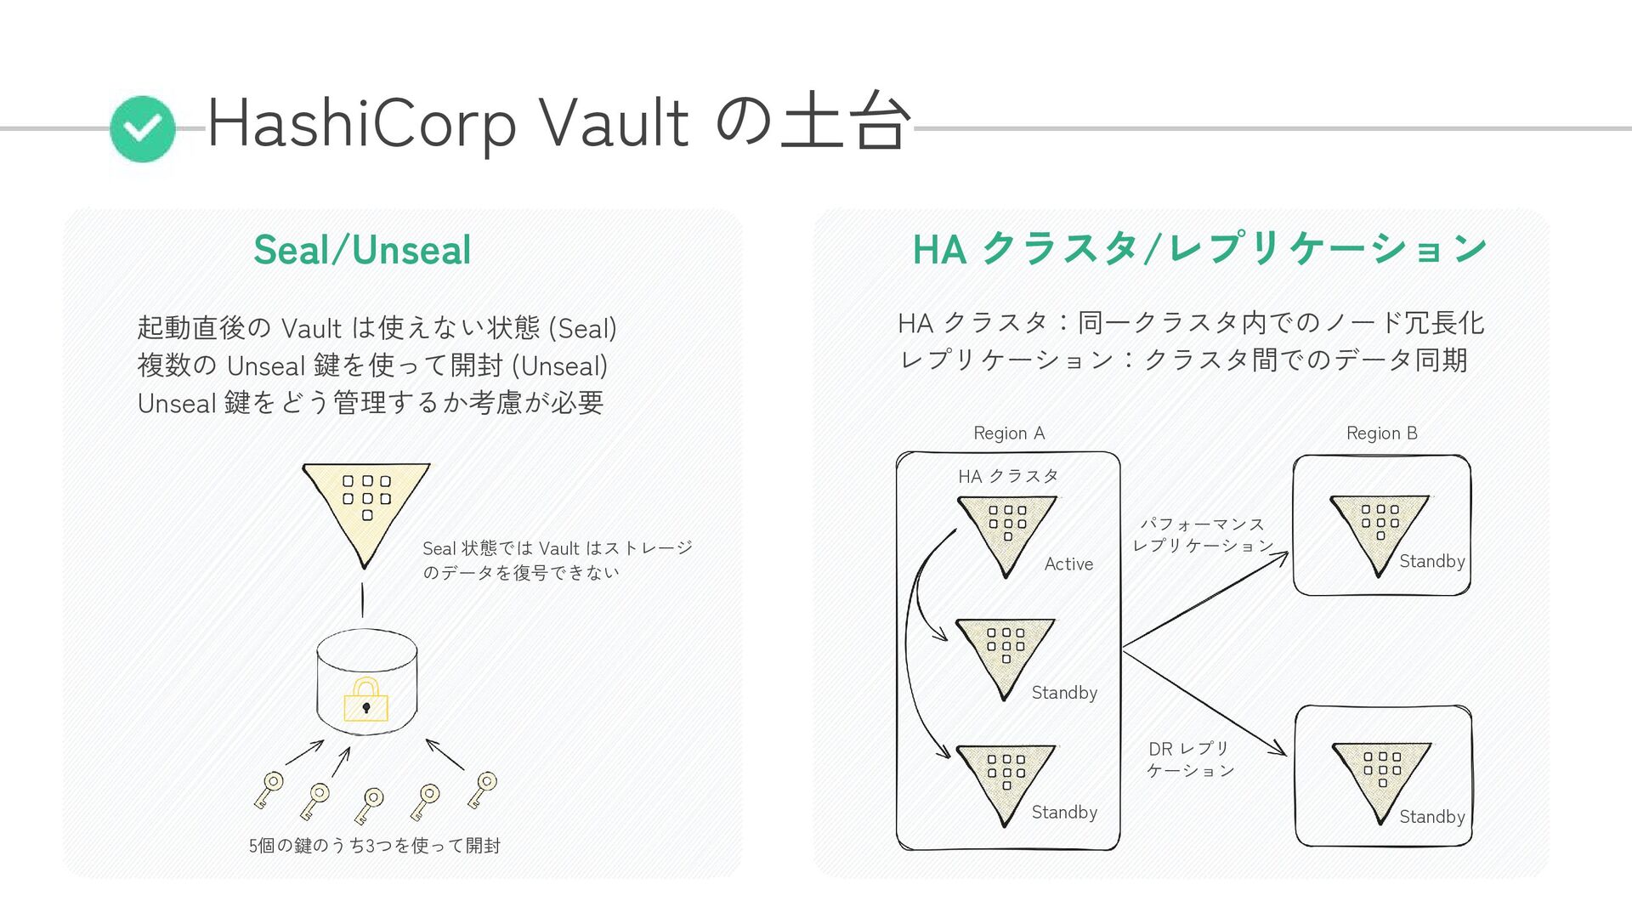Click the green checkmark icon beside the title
tap(143, 128)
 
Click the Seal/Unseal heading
tap(362, 250)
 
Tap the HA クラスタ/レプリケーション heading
tap(1199, 249)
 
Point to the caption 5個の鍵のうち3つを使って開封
tap(375, 845)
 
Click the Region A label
tap(1009, 433)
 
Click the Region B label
tap(1381, 433)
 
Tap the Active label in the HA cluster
tap(1068, 564)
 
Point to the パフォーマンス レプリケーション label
tap(1203, 535)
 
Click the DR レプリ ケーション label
tap(1190, 759)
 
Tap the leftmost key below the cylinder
tap(269, 789)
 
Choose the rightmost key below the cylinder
tap(482, 789)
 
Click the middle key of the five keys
tap(370, 804)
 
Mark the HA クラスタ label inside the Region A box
tap(1008, 476)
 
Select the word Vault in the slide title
tap(614, 124)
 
